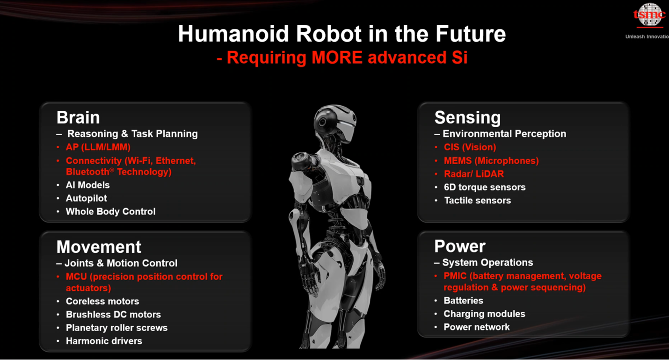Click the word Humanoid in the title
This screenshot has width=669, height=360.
pyautogui.click(x=233, y=34)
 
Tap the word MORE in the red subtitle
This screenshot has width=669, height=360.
pyautogui.click(x=337, y=58)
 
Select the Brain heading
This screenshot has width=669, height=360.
pyautogui.click(x=78, y=117)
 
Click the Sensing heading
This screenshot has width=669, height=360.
pyautogui.click(x=467, y=118)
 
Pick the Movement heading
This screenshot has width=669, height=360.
pyautogui.click(x=99, y=247)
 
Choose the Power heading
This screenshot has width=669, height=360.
pyautogui.click(x=459, y=246)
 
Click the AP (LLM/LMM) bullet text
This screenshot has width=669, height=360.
pyautogui.click(x=98, y=147)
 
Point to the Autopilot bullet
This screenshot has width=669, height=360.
pyautogui.click(x=86, y=198)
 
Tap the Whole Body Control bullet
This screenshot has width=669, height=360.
pyautogui.click(x=110, y=211)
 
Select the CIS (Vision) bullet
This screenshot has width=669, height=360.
pyautogui.click(x=470, y=147)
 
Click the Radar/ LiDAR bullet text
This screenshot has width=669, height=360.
pyautogui.click(x=473, y=174)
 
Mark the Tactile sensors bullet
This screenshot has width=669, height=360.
pyautogui.click(x=477, y=200)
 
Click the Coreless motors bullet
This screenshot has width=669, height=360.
pyautogui.click(x=102, y=301)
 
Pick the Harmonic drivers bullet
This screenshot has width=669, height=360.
pyautogui.click(x=104, y=341)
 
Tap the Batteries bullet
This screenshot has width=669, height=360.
pyautogui.click(x=463, y=301)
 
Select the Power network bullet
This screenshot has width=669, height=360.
pyautogui.click(x=477, y=327)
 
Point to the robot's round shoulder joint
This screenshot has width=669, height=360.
pyautogui.click(x=302, y=160)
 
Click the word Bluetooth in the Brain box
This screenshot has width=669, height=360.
pyautogui.click(x=90, y=172)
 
